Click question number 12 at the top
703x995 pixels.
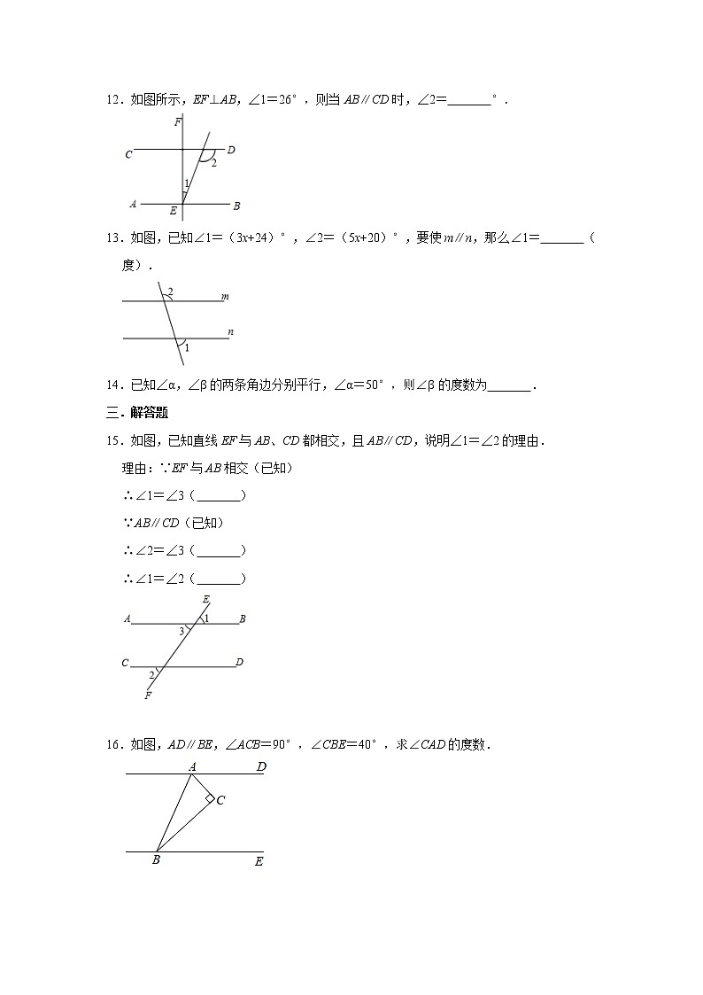(x=112, y=101)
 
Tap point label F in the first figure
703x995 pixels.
(x=177, y=122)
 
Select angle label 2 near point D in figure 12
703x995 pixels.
(x=213, y=163)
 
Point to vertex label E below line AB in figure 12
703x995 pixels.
(x=174, y=211)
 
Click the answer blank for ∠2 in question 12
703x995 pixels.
(x=469, y=101)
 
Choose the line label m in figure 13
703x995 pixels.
(x=225, y=297)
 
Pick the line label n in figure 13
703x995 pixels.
(x=230, y=332)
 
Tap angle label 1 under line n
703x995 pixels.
(x=187, y=348)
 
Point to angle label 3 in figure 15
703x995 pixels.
(x=182, y=631)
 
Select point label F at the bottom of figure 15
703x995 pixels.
(x=147, y=696)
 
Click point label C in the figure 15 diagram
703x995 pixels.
(x=125, y=663)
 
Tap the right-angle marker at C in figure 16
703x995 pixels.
(x=210, y=798)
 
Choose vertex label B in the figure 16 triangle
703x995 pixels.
(x=156, y=859)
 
